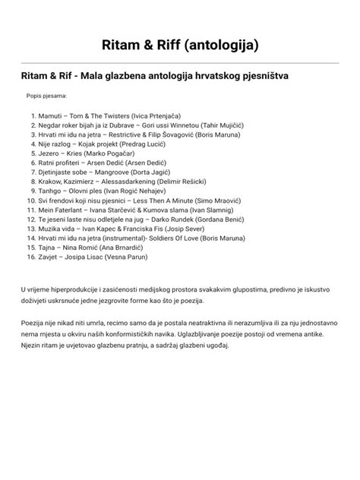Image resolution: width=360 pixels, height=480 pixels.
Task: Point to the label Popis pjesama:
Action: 46,96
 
